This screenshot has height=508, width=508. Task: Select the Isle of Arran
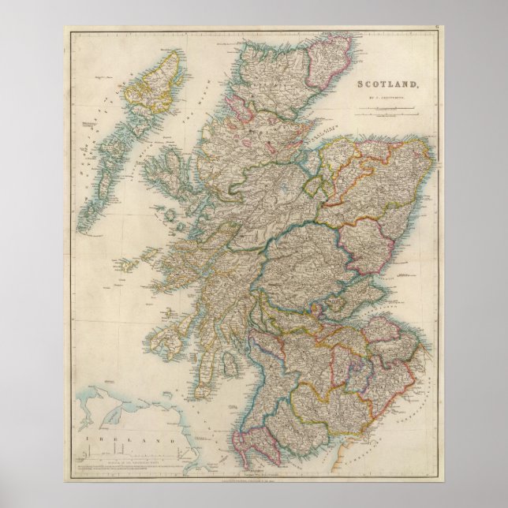pyautogui.click(x=231, y=364)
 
